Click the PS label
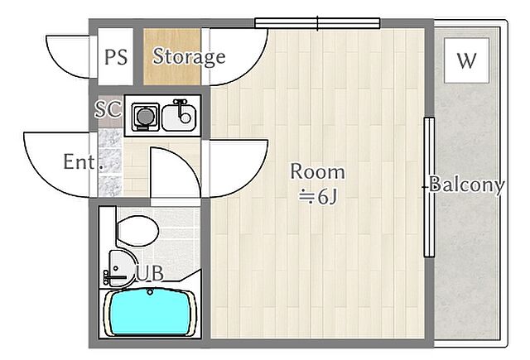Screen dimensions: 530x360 click(x=116, y=57)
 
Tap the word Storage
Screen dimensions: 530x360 click(x=189, y=56)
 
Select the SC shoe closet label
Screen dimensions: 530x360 click(x=108, y=108)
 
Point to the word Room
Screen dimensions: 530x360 click(x=318, y=171)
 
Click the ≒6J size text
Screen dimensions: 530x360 click(x=318, y=196)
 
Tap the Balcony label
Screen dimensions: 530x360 click(x=466, y=185)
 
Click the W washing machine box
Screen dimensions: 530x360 click(x=466, y=60)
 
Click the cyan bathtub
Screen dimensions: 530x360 click(x=149, y=312)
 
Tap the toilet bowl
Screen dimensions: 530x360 click(x=137, y=231)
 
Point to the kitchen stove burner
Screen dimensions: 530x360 click(x=146, y=117)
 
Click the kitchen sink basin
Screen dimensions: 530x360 click(x=179, y=118)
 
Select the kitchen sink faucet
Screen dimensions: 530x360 click(x=182, y=110)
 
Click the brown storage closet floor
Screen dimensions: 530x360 click(x=172, y=56)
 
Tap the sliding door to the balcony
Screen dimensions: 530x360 click(x=429, y=187)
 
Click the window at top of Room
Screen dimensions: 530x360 click(x=317, y=23)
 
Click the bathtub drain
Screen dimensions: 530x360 click(x=150, y=292)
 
